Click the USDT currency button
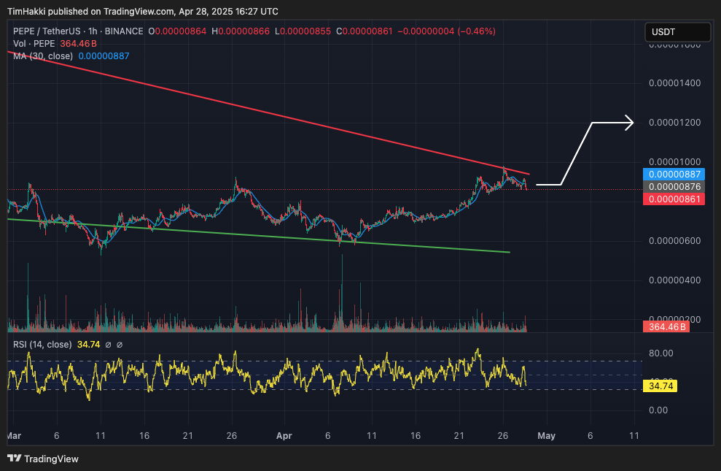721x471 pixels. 677,32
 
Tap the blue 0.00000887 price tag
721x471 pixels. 673,175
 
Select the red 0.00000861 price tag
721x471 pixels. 673,199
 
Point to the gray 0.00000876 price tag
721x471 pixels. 673,187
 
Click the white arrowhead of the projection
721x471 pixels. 631,123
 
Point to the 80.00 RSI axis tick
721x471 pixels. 660,353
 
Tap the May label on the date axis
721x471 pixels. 546,435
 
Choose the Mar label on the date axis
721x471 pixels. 14,435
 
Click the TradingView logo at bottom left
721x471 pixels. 43,459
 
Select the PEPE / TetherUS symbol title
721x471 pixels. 55,31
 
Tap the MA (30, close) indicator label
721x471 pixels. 43,56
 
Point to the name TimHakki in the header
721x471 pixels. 26,11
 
